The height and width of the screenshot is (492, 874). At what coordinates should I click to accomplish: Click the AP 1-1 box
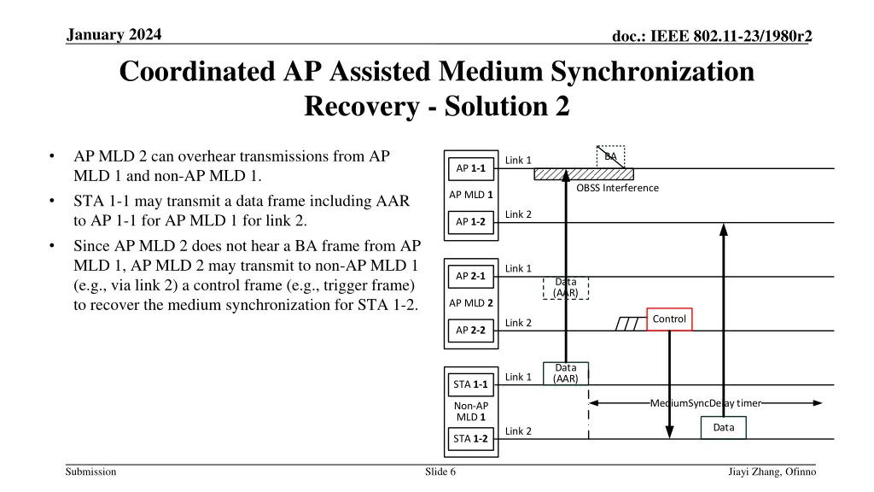(x=470, y=168)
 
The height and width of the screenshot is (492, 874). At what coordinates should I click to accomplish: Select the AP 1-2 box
(x=470, y=222)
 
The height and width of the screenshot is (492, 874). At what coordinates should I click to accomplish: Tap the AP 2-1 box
(x=470, y=276)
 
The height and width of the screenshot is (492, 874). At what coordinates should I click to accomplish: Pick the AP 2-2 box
(x=470, y=331)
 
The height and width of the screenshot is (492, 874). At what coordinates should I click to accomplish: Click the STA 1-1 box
(x=470, y=384)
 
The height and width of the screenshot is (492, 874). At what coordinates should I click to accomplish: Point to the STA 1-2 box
(x=470, y=439)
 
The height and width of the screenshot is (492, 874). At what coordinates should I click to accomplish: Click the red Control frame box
(x=669, y=319)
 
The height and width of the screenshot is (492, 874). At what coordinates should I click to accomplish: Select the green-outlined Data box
(x=723, y=428)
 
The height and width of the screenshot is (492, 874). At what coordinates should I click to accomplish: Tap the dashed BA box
(x=611, y=156)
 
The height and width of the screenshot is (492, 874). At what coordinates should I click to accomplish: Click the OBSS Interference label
(x=617, y=188)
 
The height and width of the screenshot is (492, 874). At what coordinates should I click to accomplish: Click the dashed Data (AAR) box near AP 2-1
(x=566, y=287)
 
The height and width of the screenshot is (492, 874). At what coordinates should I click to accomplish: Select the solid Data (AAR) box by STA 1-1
(x=566, y=373)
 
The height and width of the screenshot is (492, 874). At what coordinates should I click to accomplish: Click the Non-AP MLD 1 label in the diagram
(x=471, y=412)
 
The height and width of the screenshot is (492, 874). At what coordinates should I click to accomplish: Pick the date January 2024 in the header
(x=113, y=34)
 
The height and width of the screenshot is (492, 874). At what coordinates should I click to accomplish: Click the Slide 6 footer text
(x=440, y=472)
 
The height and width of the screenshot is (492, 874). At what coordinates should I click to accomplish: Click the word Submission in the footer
(x=91, y=472)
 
